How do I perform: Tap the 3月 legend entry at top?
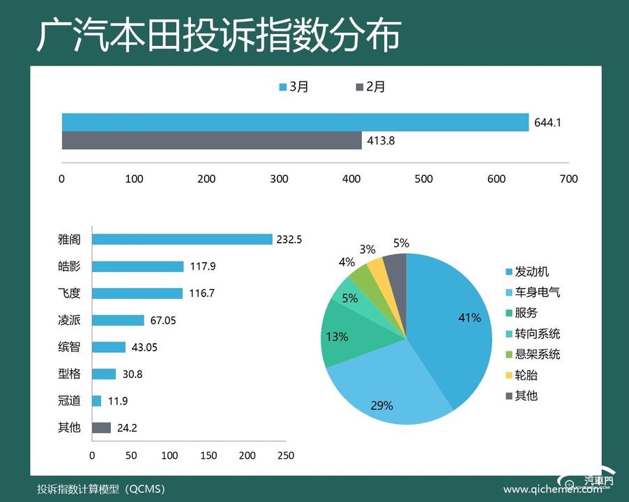[294, 87]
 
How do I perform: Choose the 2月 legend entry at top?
[370, 87]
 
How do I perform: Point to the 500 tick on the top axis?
[424, 179]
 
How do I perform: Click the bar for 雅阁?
[182, 239]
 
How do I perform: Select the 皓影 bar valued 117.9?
[138, 266]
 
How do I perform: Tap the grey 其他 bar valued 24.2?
[102, 427]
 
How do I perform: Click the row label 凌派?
[69, 320]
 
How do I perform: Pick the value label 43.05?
[144, 347]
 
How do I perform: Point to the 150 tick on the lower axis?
[209, 455]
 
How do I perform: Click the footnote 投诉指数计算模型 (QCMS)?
[102, 489]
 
